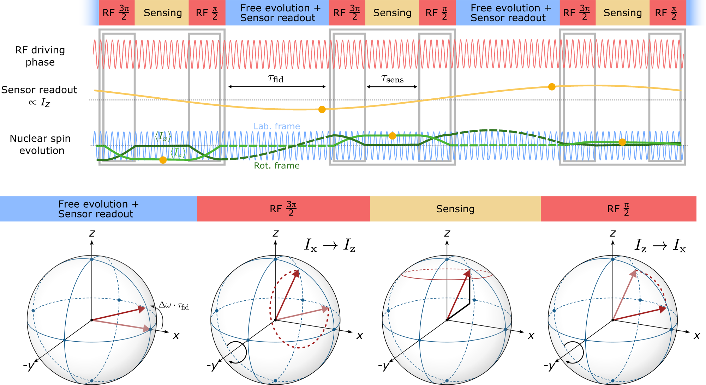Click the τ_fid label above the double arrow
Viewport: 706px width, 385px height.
coord(276,79)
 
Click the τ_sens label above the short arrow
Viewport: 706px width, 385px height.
coord(392,79)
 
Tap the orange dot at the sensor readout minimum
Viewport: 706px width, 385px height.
coord(322,109)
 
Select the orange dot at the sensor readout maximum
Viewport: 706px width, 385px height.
coord(552,87)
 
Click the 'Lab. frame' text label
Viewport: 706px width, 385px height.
coord(277,126)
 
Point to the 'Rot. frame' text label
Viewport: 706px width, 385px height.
coord(277,166)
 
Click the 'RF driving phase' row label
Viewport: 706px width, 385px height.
coord(40,56)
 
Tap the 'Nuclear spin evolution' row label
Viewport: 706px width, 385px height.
coord(41,145)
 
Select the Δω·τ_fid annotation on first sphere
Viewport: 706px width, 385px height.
coord(174,305)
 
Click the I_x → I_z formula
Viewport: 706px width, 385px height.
coord(330,245)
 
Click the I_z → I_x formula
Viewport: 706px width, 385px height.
coord(660,245)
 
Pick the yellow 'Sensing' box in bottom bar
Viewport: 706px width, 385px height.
coord(455,209)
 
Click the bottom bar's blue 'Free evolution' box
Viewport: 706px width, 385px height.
coord(98,209)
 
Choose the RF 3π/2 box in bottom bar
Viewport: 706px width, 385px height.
coord(283,209)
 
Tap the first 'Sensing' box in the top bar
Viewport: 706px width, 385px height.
coord(163,13)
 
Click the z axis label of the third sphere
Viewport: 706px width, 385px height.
coord(447,233)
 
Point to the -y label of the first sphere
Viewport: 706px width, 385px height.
coord(29,366)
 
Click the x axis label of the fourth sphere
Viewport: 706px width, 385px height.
coord(697,335)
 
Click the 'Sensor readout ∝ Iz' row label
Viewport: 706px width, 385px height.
coord(39,96)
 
